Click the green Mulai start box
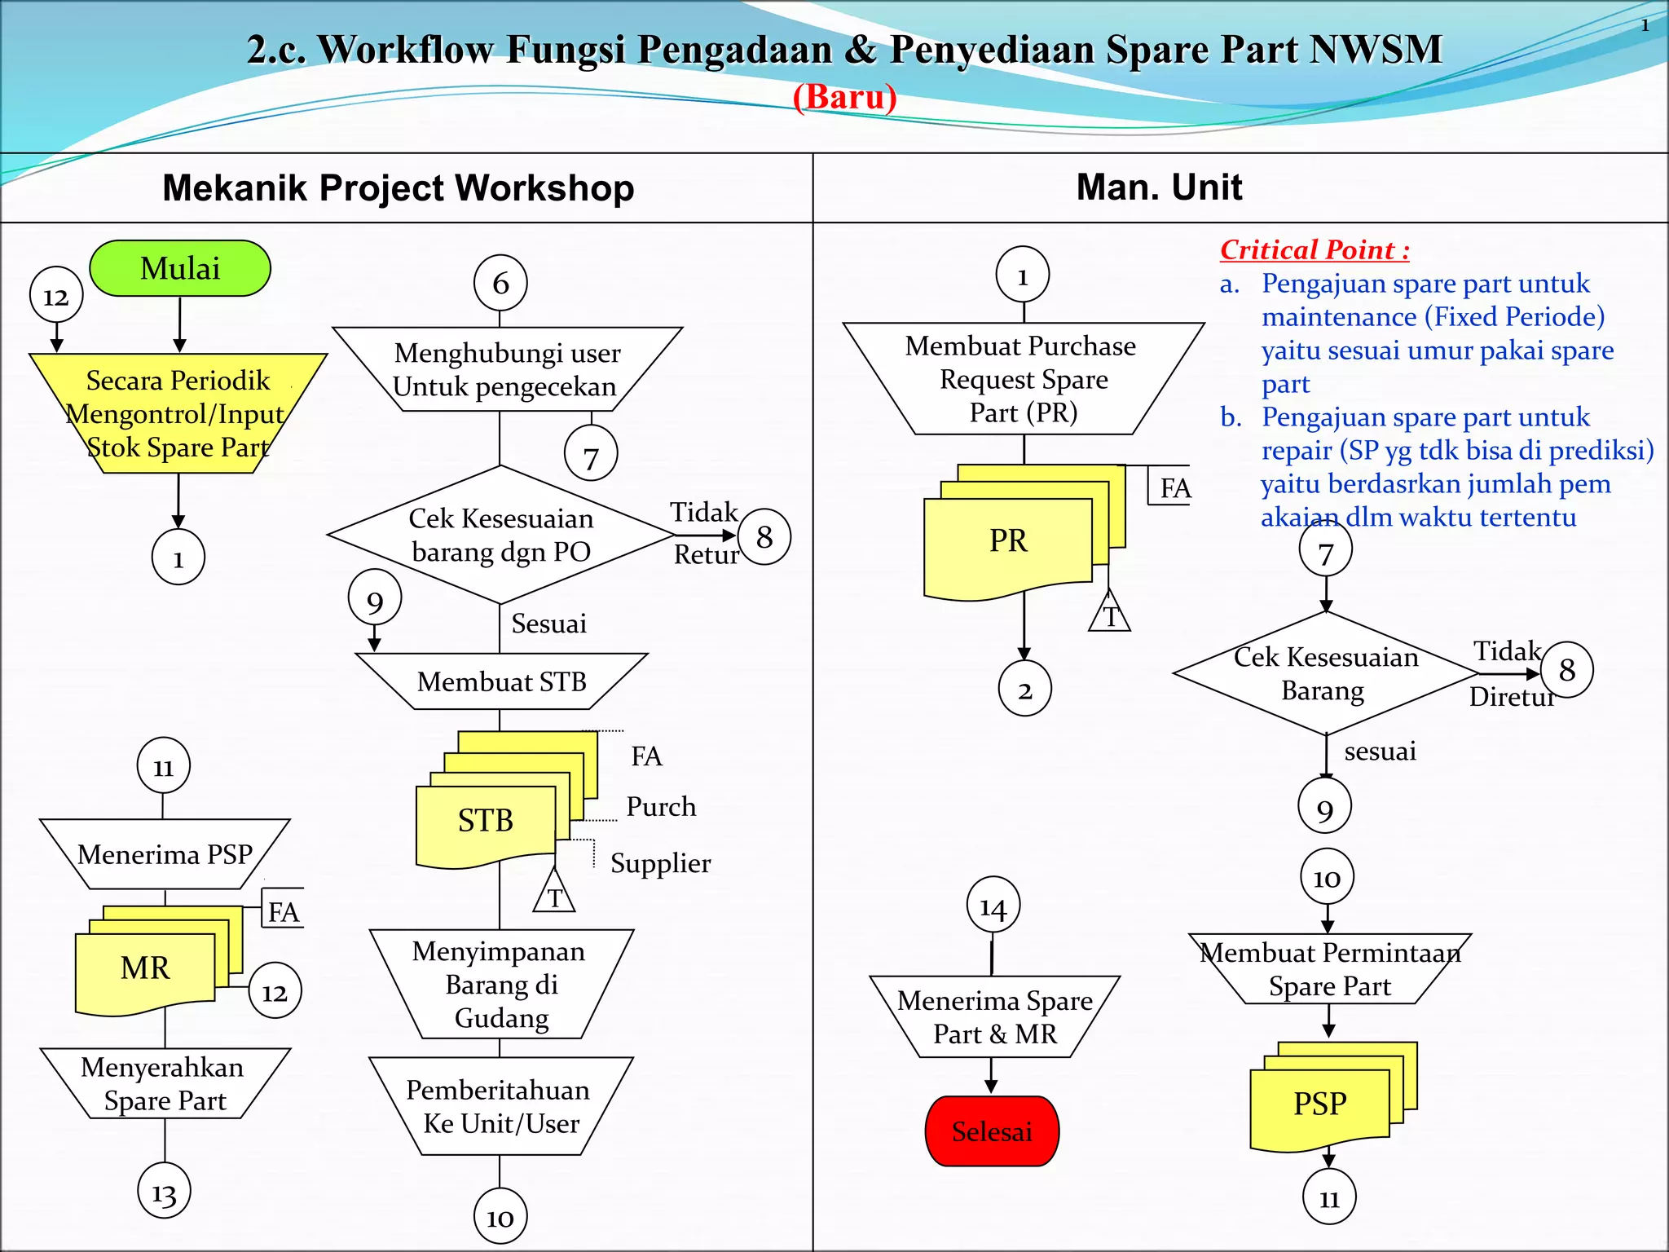pos(180,268)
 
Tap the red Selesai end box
pos(992,1131)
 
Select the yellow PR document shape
pos(1008,542)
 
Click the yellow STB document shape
pos(486,822)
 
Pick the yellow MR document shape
pos(145,969)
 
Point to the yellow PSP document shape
pos(1319,1104)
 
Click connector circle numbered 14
pos(993,906)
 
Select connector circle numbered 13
pos(164,1192)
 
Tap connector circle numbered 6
pos(500,284)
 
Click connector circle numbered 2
pos(1024,690)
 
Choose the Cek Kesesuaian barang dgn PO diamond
pos(500,535)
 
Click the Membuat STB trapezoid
pos(501,681)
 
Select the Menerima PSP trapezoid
pos(165,854)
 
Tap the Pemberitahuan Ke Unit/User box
pos(500,1106)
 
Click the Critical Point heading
pos(1314,249)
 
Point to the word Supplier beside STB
pos(660,863)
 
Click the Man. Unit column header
pos(1159,187)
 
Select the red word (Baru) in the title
pos(844,97)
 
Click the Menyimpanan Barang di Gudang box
pos(500,984)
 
